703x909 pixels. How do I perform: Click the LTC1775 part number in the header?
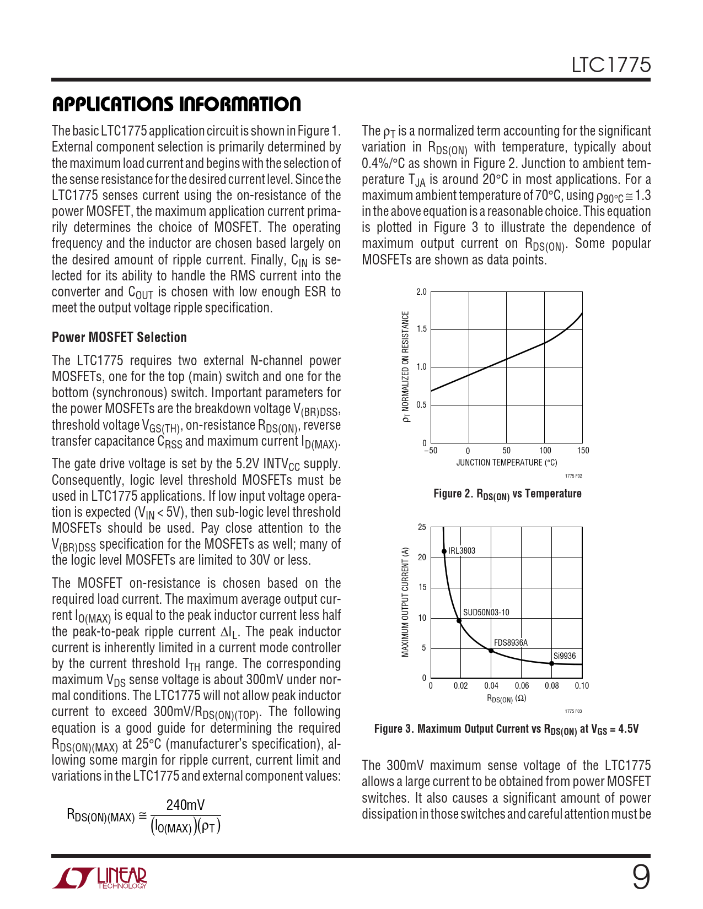coord(611,66)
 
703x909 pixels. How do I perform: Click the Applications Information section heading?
coord(176,104)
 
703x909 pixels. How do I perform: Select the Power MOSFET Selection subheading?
coord(119,337)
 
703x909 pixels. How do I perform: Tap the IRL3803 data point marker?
coord(444,551)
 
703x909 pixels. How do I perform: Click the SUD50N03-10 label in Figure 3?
coord(486,612)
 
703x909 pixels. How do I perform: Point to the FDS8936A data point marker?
coord(491,651)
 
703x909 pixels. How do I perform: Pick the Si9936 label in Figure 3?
coord(564,656)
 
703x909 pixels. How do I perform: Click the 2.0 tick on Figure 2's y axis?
coord(421,292)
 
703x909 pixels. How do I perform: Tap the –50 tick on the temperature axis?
coord(430,450)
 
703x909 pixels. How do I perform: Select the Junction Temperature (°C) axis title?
coord(506,463)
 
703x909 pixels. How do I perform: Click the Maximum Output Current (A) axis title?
coord(405,602)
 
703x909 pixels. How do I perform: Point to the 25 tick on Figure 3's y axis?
coord(422,527)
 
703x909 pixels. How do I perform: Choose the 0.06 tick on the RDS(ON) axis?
coord(522,686)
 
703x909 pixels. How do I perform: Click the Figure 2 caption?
coord(507,494)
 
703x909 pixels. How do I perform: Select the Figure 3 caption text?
coord(506,729)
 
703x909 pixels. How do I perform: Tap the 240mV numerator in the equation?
coord(185,805)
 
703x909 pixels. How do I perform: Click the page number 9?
coord(641,877)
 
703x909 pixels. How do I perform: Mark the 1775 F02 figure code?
coord(573,476)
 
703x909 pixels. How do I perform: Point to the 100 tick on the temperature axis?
coord(545,450)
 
